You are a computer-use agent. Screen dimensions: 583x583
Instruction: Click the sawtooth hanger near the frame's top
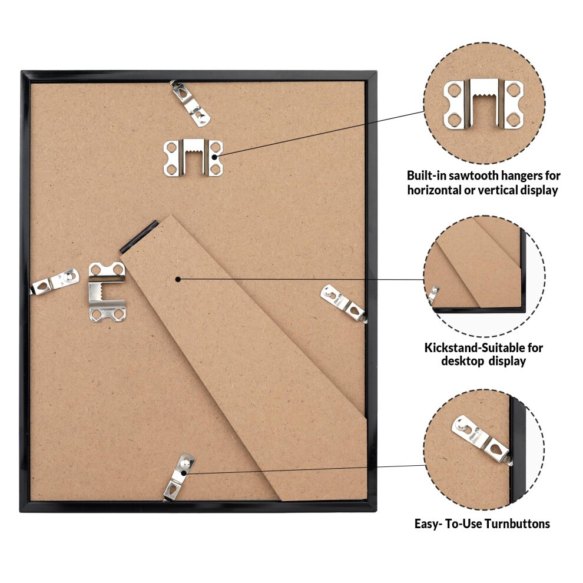193,158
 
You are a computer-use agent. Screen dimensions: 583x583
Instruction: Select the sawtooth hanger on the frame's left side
107,291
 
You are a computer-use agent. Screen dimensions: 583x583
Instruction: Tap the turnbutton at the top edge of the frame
190,104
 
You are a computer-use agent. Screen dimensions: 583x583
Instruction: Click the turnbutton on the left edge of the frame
55,282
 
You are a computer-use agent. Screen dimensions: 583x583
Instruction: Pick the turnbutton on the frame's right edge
343,303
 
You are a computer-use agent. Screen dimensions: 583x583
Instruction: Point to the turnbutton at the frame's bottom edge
179,478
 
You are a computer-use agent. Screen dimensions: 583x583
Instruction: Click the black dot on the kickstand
178,279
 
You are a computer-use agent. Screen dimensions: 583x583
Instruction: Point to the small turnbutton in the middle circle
433,294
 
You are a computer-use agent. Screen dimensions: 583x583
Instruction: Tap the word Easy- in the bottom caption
428,524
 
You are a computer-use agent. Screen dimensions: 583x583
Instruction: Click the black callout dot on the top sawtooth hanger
214,157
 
